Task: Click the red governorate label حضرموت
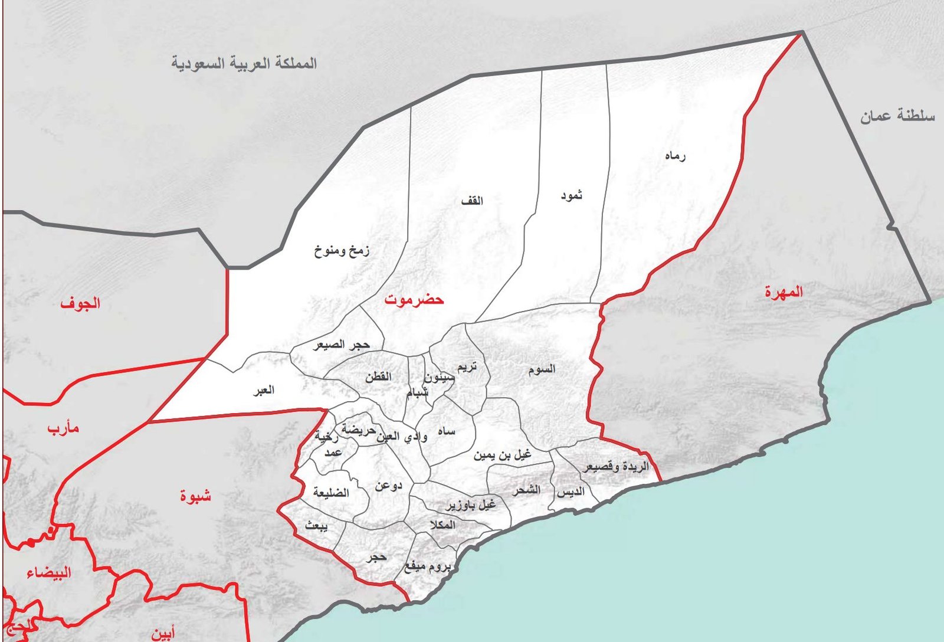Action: pyautogui.click(x=414, y=300)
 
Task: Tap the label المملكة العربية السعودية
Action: pyautogui.click(x=244, y=63)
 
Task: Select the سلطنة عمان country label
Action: pyautogui.click(x=897, y=116)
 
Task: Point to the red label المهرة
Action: pyautogui.click(x=784, y=292)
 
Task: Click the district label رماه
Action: pyautogui.click(x=675, y=156)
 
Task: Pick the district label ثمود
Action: pyautogui.click(x=571, y=195)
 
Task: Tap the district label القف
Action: pyautogui.click(x=472, y=201)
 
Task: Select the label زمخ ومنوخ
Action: pyautogui.click(x=342, y=251)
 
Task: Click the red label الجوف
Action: pyautogui.click(x=80, y=304)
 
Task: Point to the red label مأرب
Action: pyautogui.click(x=63, y=428)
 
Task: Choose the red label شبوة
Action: pyautogui.click(x=195, y=496)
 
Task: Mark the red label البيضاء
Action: pyautogui.click(x=49, y=572)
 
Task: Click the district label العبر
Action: pyautogui.click(x=263, y=390)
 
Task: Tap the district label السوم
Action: pyautogui.click(x=541, y=369)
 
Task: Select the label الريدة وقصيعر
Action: pyautogui.click(x=616, y=467)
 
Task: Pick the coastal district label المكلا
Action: pyautogui.click(x=442, y=525)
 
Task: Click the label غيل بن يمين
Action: pyautogui.click(x=502, y=455)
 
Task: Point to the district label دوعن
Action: pyautogui.click(x=388, y=486)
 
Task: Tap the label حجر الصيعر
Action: pyautogui.click(x=341, y=345)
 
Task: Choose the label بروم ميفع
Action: pyautogui.click(x=427, y=567)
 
